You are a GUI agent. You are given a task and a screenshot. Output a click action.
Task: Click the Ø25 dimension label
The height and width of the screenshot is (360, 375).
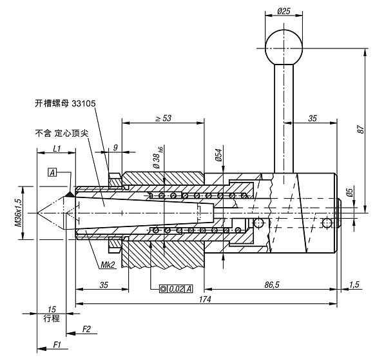coord(284,11)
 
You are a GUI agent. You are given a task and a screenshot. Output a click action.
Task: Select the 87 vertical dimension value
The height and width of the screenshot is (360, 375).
coord(361,129)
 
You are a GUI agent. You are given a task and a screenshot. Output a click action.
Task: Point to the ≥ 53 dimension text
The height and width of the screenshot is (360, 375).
coord(164,118)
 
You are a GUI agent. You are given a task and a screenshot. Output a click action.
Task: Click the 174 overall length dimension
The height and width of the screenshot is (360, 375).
coord(205,299)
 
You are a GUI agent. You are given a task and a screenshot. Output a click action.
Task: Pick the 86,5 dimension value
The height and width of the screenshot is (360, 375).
coord(272,285)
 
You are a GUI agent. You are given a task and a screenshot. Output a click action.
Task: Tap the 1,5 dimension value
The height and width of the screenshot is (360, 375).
coord(354,285)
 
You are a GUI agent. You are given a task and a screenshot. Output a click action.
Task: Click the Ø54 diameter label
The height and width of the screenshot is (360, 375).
coord(218,155)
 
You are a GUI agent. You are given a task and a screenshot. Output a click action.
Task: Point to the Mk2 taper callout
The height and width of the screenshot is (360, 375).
coord(108,265)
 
